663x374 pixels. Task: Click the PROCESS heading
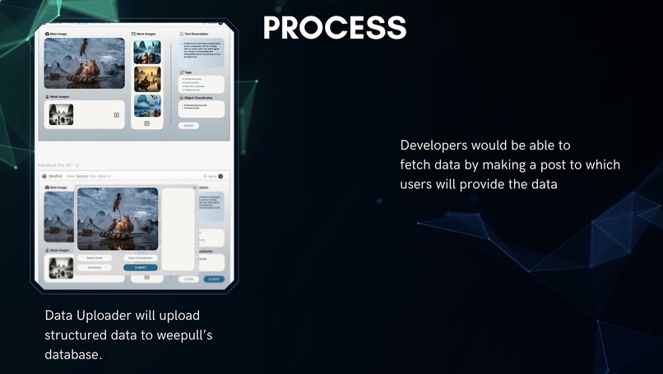coord(334,27)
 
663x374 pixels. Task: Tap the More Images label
coord(146,34)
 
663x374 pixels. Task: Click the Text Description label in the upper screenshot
coord(197,34)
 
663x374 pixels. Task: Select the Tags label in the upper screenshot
coord(188,72)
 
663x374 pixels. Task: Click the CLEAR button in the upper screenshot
coord(188,126)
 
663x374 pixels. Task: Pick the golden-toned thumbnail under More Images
coord(147,79)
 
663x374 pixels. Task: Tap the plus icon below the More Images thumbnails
coord(147,123)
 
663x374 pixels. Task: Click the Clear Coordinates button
coord(140,258)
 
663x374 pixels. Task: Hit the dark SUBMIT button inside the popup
coord(140,267)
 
